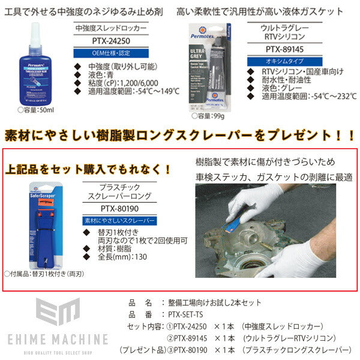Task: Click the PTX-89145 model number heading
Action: (x=284, y=52)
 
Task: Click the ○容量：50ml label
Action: (x=36, y=110)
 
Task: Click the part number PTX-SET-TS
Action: (x=185, y=314)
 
